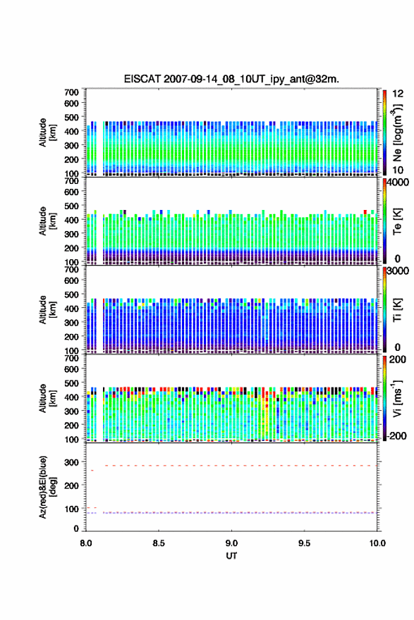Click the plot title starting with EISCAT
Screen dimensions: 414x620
click(231, 79)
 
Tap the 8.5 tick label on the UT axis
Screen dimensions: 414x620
click(159, 543)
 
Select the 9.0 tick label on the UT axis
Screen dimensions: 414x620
click(231, 543)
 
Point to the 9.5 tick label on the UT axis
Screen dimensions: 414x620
click(305, 543)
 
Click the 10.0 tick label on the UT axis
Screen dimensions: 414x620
click(377, 543)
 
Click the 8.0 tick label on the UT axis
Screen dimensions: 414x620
click(86, 543)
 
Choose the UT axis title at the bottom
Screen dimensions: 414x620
click(231, 556)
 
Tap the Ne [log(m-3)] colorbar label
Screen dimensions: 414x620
click(397, 132)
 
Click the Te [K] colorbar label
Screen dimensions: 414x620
click(397, 221)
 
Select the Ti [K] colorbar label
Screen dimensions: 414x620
click(397, 310)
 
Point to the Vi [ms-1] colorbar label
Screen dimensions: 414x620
click(397, 399)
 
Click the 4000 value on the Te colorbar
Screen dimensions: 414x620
click(398, 182)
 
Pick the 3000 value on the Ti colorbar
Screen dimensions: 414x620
click(398, 271)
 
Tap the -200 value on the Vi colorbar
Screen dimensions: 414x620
click(396, 435)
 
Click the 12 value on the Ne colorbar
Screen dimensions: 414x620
click(398, 94)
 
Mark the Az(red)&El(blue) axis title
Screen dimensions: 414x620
click(47, 487)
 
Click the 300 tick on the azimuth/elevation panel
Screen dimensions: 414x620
click(72, 462)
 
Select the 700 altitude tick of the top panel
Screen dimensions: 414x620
click(72, 92)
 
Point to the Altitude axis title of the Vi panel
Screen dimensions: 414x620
click(47, 398)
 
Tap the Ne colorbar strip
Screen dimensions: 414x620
click(384, 132)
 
